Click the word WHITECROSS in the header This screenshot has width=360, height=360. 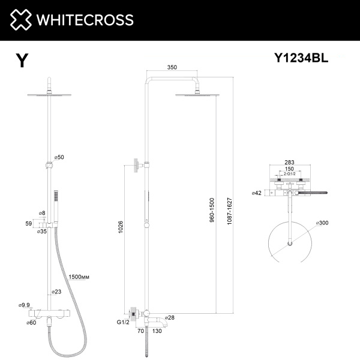(x=85, y=20)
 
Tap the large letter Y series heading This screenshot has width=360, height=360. (x=22, y=60)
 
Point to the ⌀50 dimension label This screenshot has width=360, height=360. (x=58, y=157)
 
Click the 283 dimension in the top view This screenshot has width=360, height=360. (x=289, y=163)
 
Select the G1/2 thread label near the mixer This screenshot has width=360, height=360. (x=122, y=322)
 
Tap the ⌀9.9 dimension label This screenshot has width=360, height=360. (x=25, y=305)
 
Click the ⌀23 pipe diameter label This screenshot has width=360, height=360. (x=57, y=292)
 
